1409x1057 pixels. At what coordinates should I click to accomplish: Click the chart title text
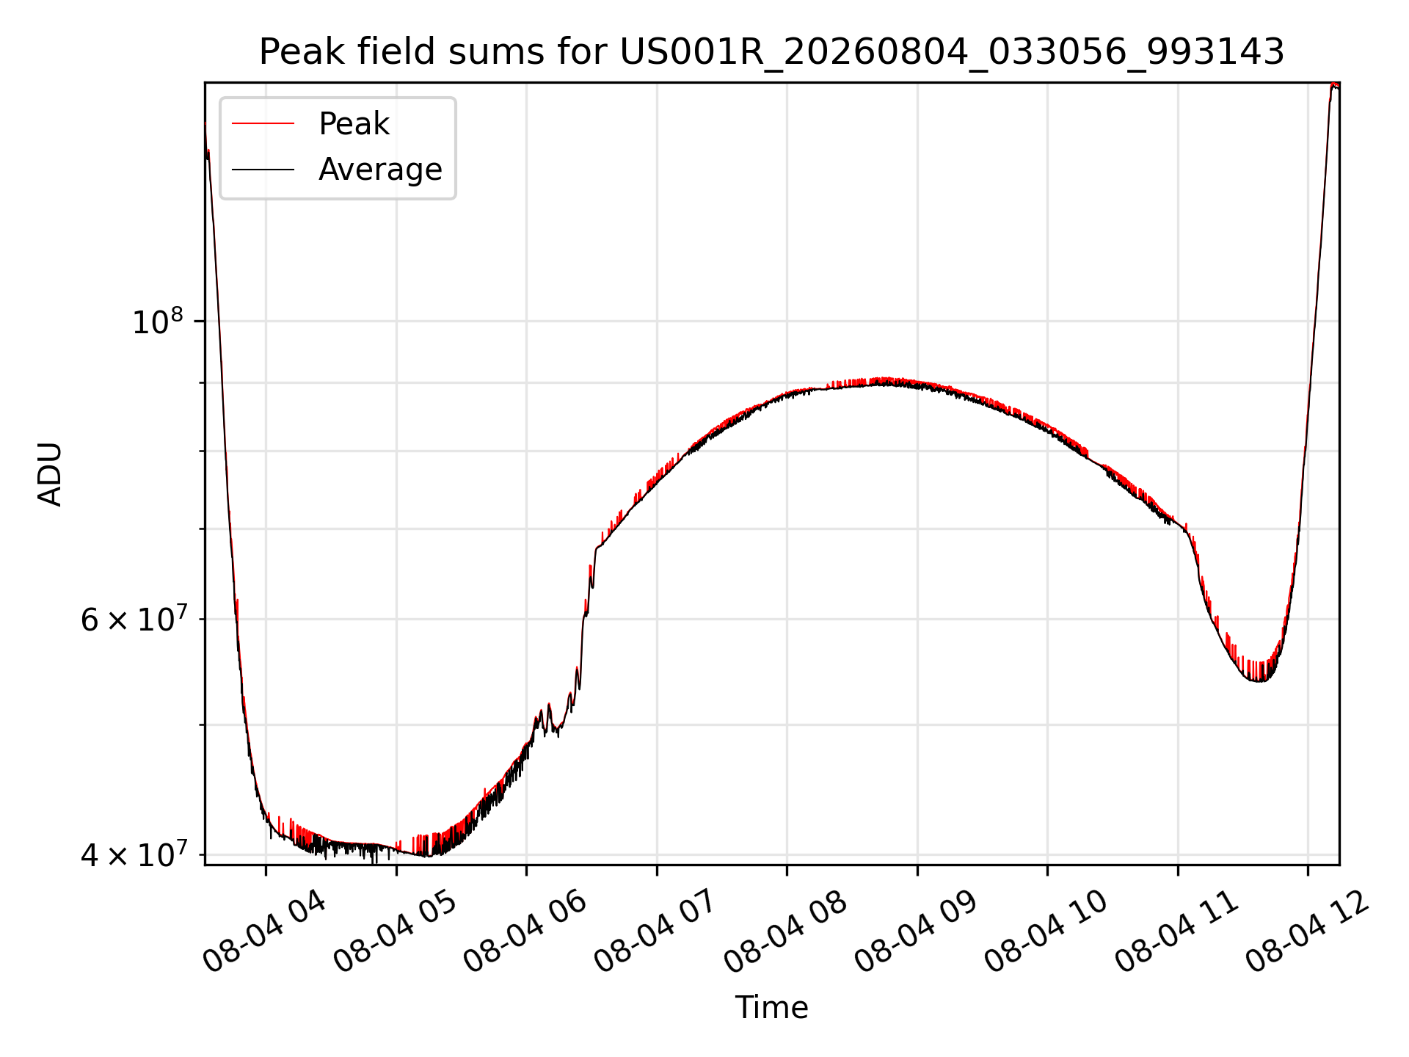click(x=771, y=52)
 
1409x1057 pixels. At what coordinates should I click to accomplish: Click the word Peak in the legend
click(x=354, y=124)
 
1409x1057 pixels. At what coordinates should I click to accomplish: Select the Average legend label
click(x=380, y=170)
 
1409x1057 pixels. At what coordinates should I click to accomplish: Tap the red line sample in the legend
click(x=263, y=124)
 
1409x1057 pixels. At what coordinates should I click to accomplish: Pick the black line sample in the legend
click(x=263, y=170)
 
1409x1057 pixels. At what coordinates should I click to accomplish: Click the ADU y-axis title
click(x=50, y=473)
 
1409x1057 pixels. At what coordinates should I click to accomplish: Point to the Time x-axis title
click(x=771, y=1008)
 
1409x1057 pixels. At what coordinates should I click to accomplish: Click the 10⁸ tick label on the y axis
click(x=157, y=322)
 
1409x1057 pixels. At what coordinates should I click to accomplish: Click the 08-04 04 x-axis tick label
click(x=265, y=931)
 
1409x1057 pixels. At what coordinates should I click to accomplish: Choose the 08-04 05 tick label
click(x=396, y=931)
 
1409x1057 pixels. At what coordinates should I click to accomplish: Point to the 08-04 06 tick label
click(x=525, y=931)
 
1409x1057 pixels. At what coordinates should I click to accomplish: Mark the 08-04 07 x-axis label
click(x=655, y=931)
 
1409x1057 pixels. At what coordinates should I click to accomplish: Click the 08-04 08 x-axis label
click(x=786, y=931)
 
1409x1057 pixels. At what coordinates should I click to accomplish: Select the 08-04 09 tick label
click(x=917, y=931)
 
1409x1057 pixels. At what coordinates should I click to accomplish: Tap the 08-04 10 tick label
click(x=1046, y=931)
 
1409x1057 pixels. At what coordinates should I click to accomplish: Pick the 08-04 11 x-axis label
click(x=1177, y=931)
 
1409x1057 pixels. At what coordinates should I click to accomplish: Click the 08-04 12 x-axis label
click(x=1307, y=931)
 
